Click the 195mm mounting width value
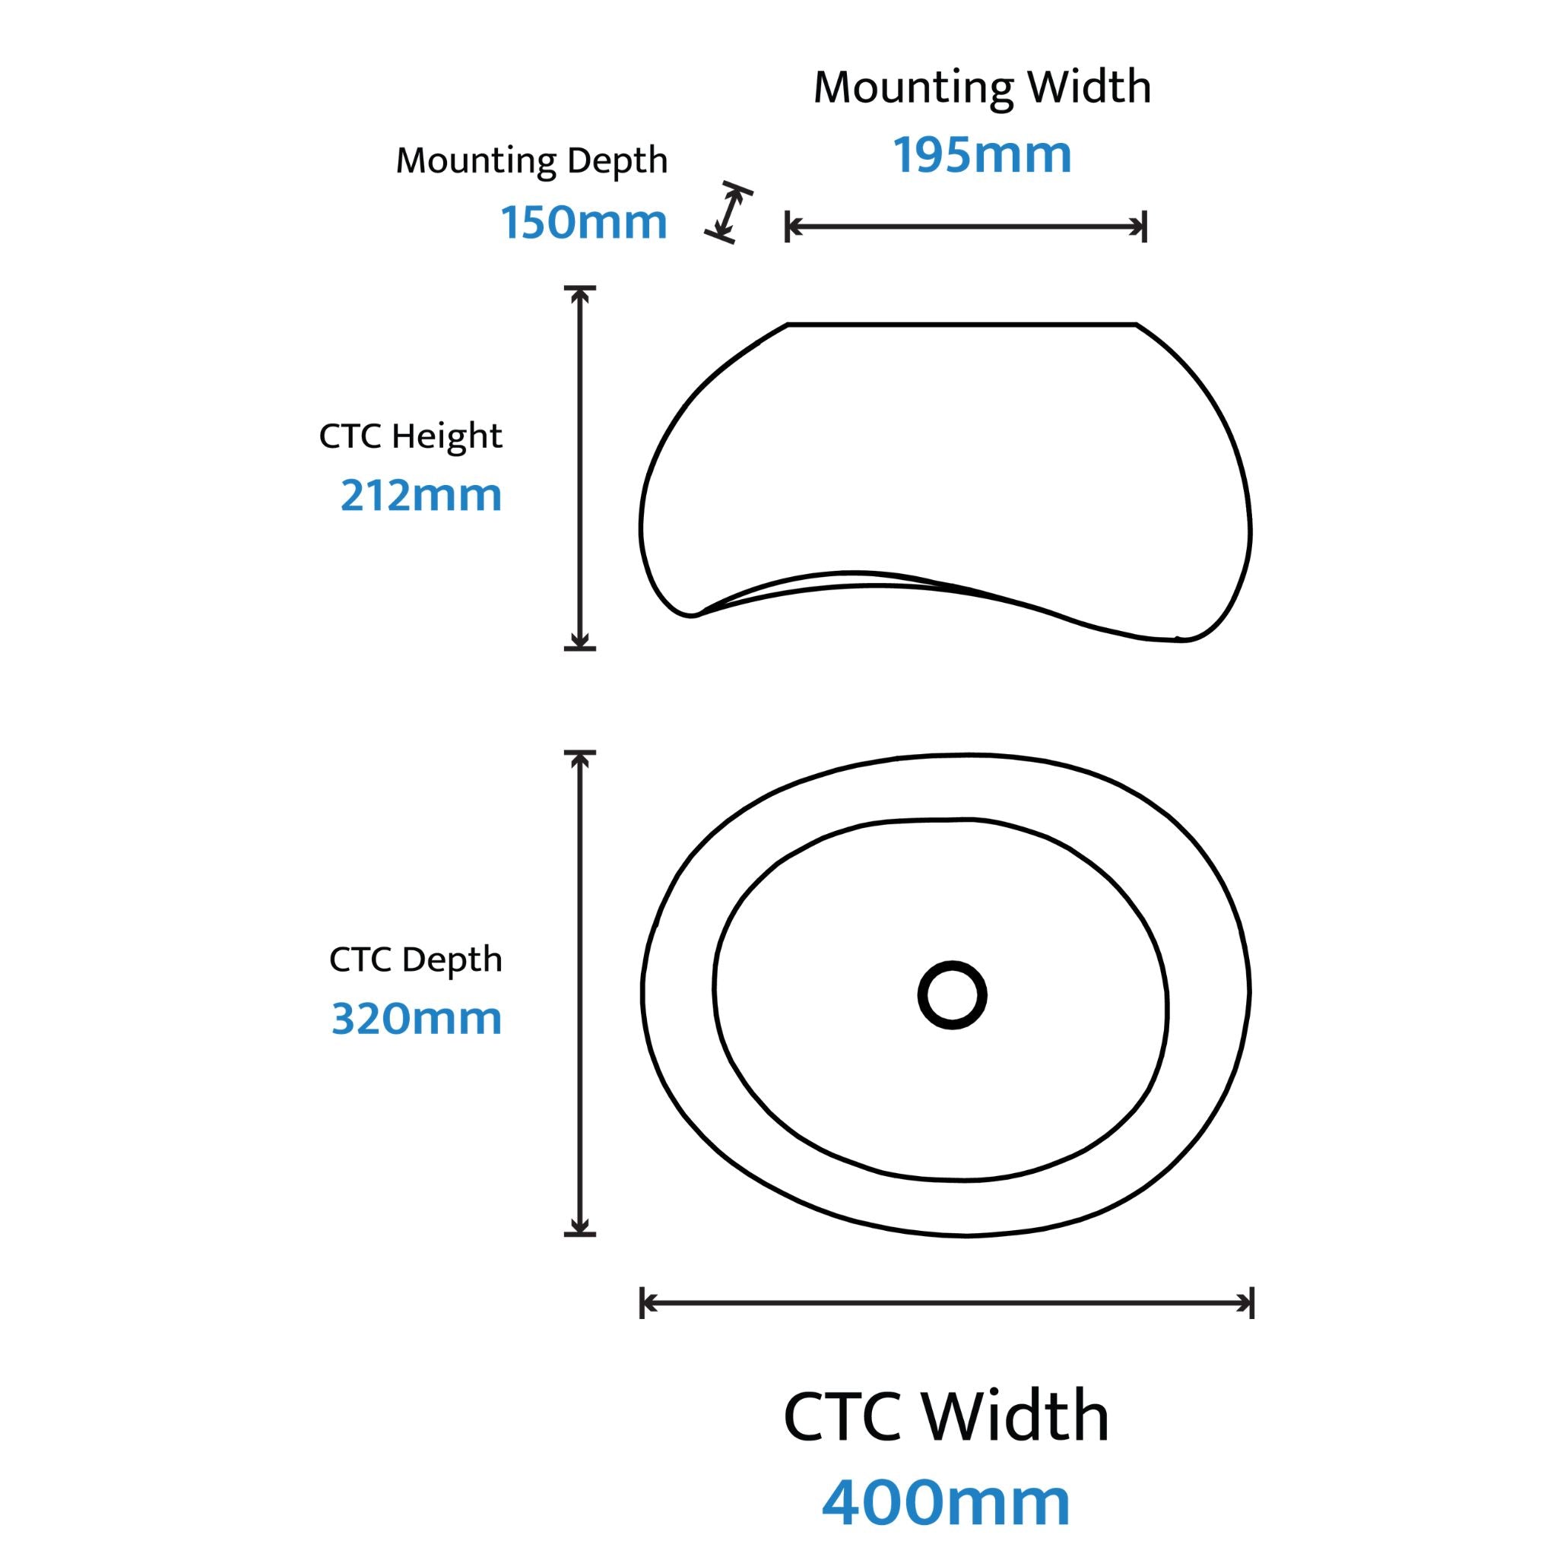[982, 155]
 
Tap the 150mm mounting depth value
[585, 222]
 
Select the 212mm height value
[420, 495]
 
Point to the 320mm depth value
[417, 1018]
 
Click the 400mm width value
[946, 1502]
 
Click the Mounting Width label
[982, 87]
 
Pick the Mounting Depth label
[532, 160]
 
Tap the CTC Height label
[411, 436]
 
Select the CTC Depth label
[415, 959]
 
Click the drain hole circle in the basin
[953, 995]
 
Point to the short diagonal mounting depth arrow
[728, 213]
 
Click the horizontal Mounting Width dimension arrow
[966, 227]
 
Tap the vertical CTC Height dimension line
[579, 468]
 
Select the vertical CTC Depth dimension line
[579, 993]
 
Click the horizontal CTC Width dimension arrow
[947, 1303]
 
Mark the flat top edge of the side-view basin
[962, 325]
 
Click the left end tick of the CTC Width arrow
[642, 1303]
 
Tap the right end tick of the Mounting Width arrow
[1144, 227]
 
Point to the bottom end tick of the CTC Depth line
[579, 1234]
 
